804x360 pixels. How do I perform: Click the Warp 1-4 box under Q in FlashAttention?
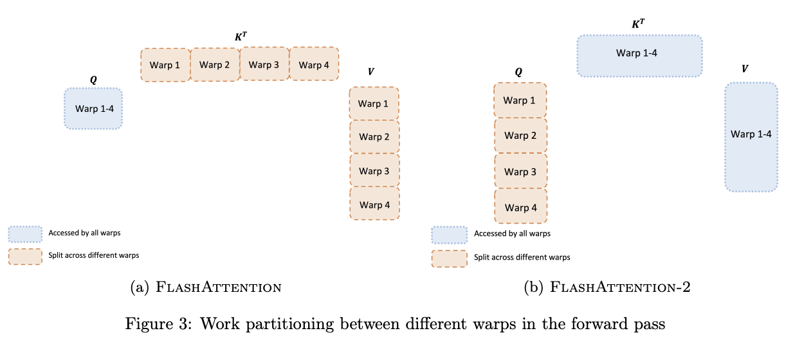[93, 109]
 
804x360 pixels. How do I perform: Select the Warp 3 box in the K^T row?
[264, 64]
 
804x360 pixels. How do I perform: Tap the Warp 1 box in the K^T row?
[165, 65]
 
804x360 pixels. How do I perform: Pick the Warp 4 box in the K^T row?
[314, 65]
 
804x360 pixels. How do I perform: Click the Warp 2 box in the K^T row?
[215, 65]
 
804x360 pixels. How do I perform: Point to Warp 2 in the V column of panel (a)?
[374, 137]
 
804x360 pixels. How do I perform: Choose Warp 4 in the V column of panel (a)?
[374, 204]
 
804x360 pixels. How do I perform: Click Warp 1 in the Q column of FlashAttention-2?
[520, 100]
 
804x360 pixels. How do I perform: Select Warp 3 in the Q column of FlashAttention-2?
[520, 172]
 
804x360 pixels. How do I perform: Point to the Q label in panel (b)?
[518, 72]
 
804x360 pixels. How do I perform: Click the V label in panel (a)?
[370, 72]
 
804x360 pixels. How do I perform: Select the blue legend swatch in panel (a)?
[24, 233]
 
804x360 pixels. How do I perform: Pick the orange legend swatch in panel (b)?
[449, 258]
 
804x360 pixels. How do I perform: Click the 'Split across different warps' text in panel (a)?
[94, 255]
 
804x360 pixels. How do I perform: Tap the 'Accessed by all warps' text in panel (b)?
[512, 233]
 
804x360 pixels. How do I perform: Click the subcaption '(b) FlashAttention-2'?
[607, 287]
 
